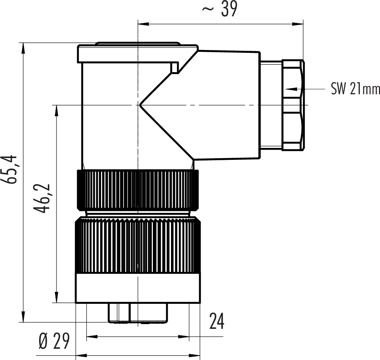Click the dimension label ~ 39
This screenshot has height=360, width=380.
(220, 9)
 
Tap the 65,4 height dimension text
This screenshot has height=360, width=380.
(9, 169)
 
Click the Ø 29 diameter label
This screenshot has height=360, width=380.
(54, 340)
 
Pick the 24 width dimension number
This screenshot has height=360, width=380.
(217, 321)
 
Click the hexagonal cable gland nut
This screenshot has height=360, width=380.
(293, 105)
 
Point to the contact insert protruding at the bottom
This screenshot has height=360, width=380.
(138, 313)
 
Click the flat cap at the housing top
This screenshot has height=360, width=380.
(137, 53)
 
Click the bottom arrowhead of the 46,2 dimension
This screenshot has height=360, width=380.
(57, 297)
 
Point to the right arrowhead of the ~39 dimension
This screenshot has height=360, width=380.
(297, 24)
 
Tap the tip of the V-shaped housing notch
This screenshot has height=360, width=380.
(139, 105)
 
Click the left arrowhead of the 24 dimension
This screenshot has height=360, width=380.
(92, 336)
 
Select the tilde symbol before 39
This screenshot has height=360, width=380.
(208, 9)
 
